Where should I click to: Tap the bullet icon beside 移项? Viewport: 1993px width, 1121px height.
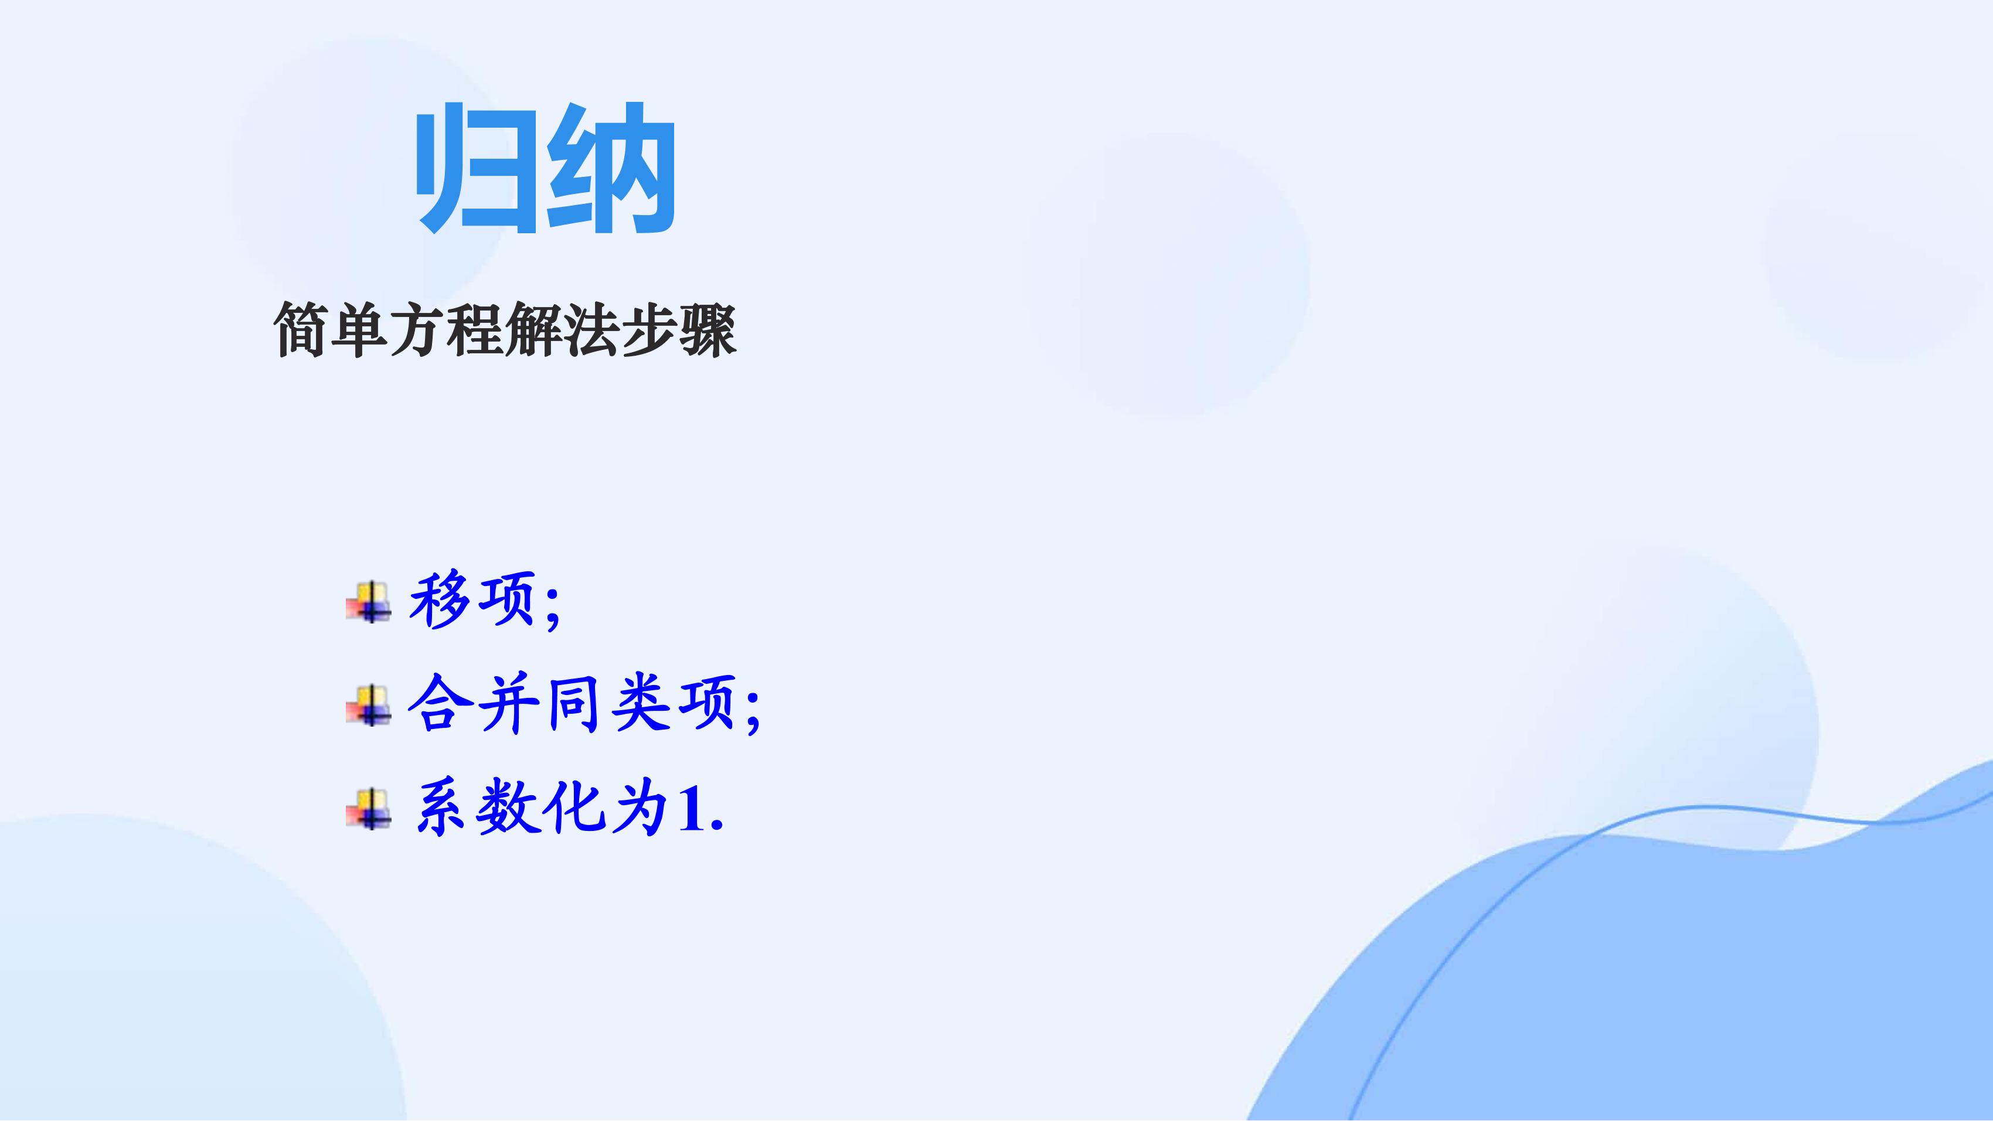[x=368, y=601]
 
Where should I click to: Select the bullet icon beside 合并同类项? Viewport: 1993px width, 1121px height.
[x=368, y=705]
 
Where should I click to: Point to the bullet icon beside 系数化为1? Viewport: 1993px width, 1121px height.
[x=368, y=809]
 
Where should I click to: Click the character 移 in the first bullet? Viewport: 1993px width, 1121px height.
[x=440, y=599]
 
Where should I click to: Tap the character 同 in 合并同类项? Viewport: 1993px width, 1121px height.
[x=573, y=703]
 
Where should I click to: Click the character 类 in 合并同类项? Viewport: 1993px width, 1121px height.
[x=641, y=703]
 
